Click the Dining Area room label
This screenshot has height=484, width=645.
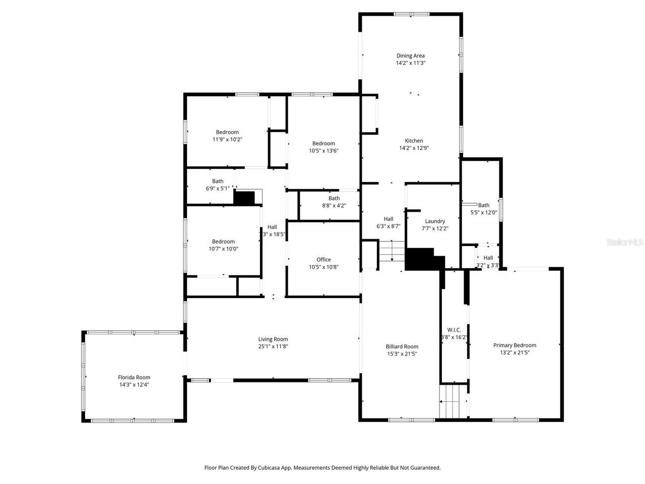point(410,56)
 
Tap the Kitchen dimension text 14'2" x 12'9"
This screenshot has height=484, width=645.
point(414,148)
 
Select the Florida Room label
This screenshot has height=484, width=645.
point(134,377)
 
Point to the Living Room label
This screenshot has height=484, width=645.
point(273,339)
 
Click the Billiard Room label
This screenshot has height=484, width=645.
point(402,346)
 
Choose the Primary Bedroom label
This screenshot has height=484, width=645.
point(514,345)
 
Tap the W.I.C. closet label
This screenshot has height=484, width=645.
point(454,330)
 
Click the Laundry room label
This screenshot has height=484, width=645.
point(435,221)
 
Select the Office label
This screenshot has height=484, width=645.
point(324,260)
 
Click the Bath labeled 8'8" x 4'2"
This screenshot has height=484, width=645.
point(334,199)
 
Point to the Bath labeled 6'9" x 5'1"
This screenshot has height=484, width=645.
point(218,181)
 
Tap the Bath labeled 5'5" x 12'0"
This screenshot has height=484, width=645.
point(484,205)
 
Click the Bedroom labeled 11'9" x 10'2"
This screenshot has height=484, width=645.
point(227,132)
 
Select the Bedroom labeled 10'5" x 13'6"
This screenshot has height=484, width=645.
point(324,144)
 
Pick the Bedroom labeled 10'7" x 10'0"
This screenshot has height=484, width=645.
point(223,241)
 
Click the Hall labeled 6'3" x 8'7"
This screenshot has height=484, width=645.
point(388,219)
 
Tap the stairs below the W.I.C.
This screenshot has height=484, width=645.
point(454,401)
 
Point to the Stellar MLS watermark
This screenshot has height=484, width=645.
point(625,242)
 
